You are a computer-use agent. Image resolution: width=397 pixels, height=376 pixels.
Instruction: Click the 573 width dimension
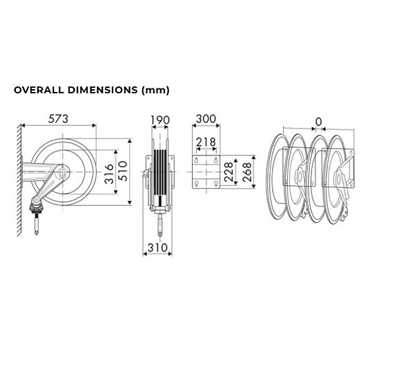click(x=58, y=119)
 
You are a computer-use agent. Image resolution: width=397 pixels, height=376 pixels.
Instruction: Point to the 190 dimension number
click(x=159, y=120)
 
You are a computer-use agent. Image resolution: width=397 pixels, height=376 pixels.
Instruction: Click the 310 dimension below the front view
click(x=158, y=247)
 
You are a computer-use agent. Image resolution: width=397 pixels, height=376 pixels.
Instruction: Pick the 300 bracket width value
click(x=206, y=120)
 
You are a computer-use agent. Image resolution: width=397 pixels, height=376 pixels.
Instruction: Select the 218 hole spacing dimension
click(x=205, y=142)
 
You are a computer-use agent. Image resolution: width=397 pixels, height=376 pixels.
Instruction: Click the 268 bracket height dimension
click(x=246, y=171)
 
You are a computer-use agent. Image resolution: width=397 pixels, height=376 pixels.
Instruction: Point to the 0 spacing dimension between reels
click(x=318, y=122)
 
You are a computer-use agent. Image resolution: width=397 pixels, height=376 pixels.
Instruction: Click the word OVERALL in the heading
click(x=40, y=90)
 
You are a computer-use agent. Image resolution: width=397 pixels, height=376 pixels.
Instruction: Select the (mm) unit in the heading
click(x=155, y=90)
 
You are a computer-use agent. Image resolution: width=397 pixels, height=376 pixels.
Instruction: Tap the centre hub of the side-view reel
click(x=62, y=173)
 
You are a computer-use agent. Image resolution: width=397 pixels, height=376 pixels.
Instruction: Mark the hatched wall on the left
click(x=17, y=180)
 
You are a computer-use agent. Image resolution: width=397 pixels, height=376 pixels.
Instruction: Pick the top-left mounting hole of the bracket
click(x=197, y=160)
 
